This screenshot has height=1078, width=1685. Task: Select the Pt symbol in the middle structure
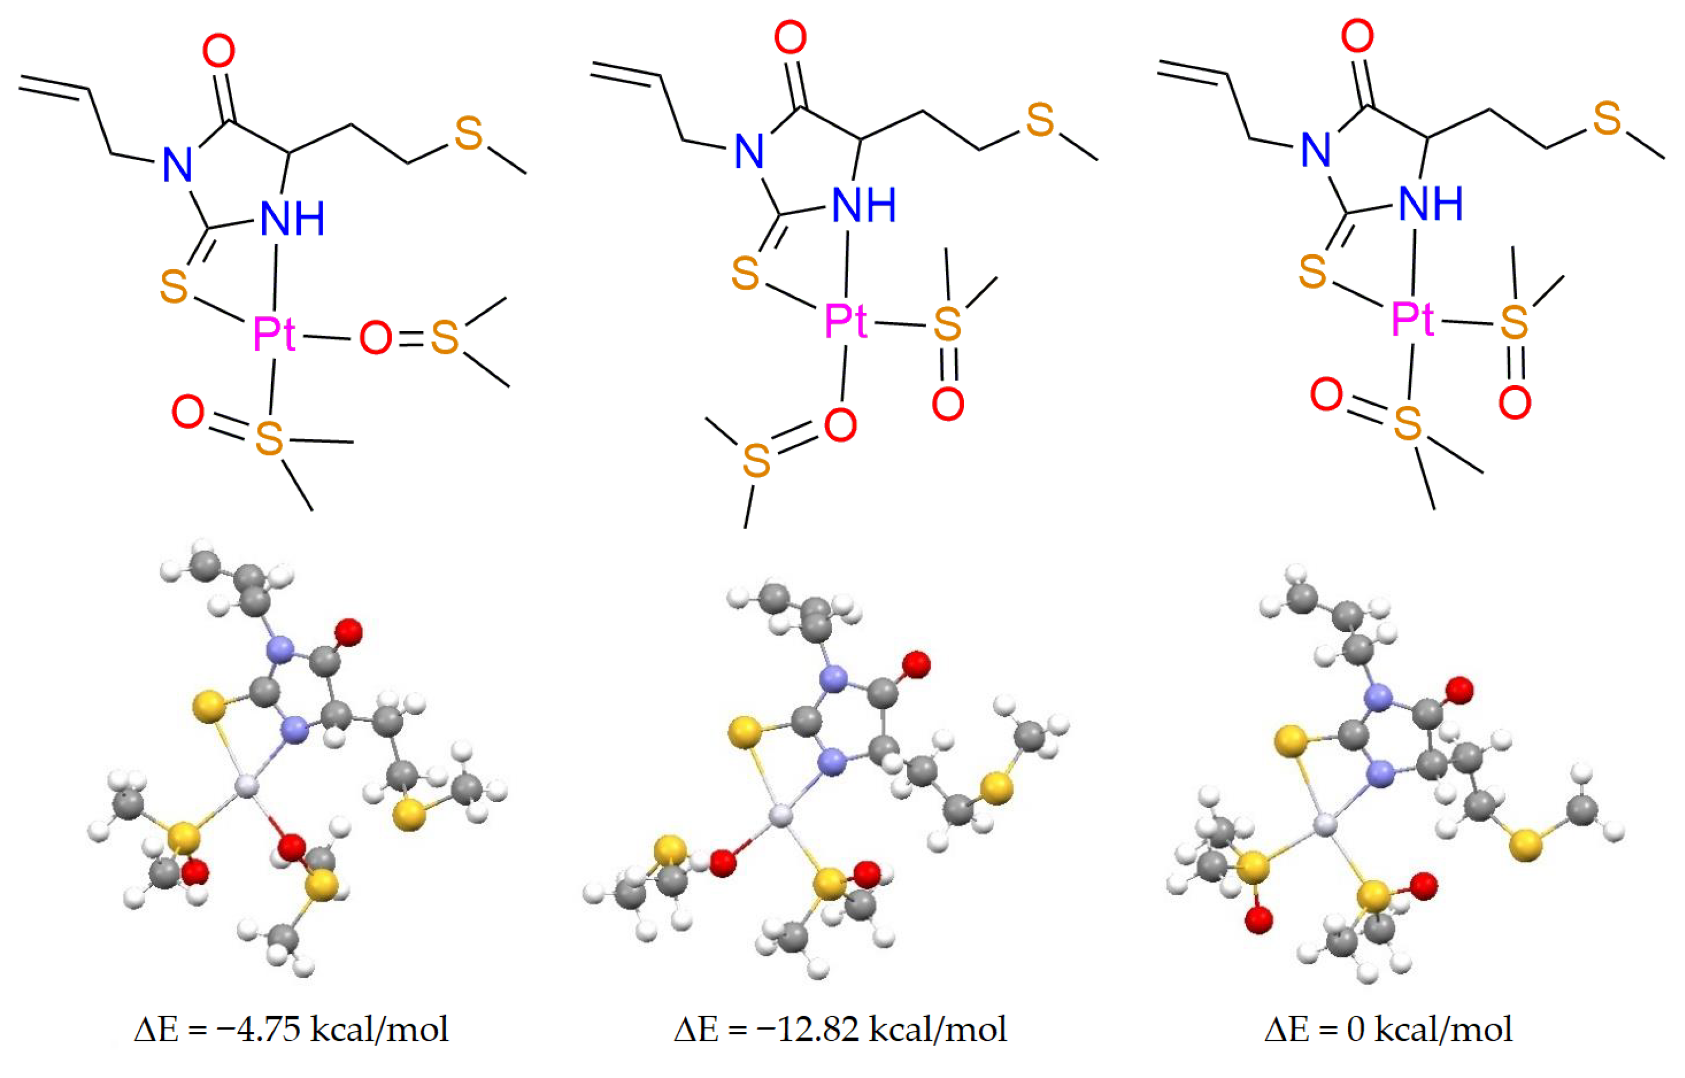coord(846,321)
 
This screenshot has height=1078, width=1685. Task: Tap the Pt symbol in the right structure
coord(1413,319)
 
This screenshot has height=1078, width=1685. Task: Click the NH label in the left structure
coord(292,219)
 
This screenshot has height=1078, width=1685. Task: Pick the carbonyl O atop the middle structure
coord(790,38)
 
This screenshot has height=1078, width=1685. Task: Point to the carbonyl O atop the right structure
coord(1357,36)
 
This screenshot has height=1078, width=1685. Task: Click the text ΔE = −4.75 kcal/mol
coord(291,1030)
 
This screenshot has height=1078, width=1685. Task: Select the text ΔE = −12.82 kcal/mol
coord(840,1030)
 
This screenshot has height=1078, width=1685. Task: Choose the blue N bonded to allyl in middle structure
coord(749,151)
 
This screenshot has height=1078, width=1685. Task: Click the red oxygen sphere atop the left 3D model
coord(349,632)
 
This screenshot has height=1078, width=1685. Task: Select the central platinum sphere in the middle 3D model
coord(780,816)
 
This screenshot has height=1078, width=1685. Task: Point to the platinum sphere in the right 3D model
coord(1324,826)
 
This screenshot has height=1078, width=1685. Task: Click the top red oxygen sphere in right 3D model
coord(1459,690)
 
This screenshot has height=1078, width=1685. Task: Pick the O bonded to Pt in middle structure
coord(840,425)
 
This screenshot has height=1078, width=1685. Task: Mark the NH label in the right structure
coord(1431,204)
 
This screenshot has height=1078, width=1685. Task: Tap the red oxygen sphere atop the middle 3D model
coord(916,664)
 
